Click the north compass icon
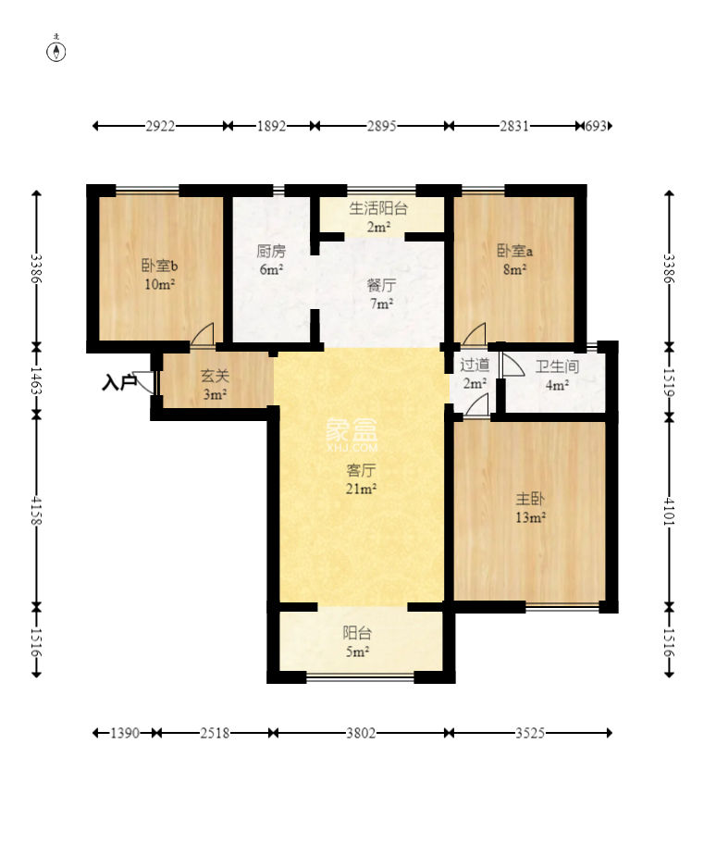click(x=56, y=49)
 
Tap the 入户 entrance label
click(x=119, y=382)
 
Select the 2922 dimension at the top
click(x=160, y=126)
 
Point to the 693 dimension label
click(x=596, y=126)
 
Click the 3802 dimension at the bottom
click(x=361, y=733)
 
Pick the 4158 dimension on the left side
click(x=36, y=510)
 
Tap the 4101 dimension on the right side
click(x=669, y=510)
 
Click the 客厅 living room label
click(x=361, y=470)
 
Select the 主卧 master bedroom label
click(x=530, y=499)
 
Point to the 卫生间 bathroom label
click(x=557, y=366)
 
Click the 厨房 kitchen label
click(x=271, y=252)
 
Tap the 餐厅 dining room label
click(x=381, y=286)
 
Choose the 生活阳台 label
click(x=378, y=209)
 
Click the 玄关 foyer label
click(x=215, y=377)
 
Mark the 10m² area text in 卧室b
click(x=160, y=284)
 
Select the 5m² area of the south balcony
click(x=357, y=651)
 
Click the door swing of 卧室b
click(x=203, y=335)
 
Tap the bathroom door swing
click(x=512, y=366)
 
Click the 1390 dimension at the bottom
click(x=125, y=733)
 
